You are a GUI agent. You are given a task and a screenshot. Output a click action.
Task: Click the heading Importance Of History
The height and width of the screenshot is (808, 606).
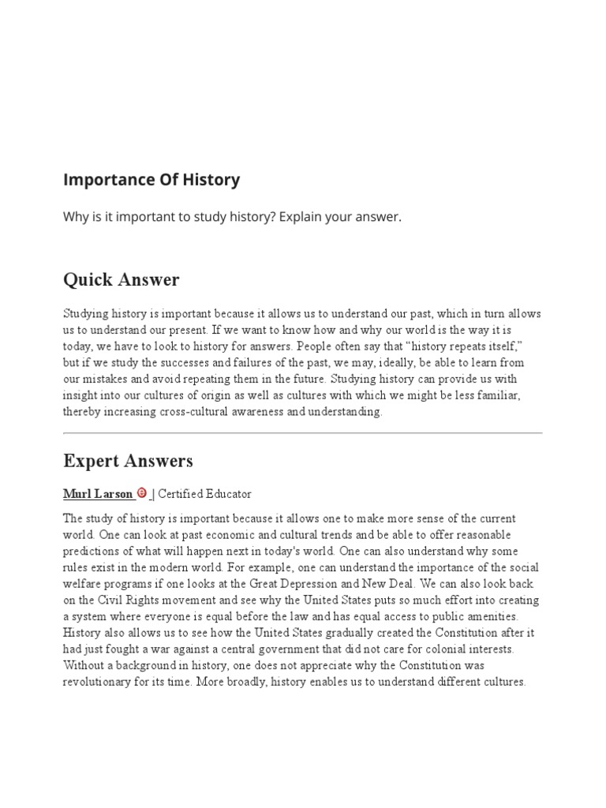(x=151, y=180)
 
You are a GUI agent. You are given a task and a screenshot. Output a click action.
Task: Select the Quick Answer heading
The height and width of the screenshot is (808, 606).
(x=121, y=279)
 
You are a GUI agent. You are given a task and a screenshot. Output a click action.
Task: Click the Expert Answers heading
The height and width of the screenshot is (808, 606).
(x=128, y=461)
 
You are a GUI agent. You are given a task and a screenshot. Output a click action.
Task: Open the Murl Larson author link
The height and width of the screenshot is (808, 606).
(x=98, y=494)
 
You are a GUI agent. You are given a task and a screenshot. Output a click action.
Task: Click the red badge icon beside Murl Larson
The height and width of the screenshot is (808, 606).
(x=142, y=493)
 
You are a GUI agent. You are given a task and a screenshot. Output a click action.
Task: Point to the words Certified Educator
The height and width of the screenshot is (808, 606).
(x=205, y=494)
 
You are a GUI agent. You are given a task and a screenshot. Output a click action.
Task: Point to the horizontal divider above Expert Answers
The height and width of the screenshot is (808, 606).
(x=303, y=433)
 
